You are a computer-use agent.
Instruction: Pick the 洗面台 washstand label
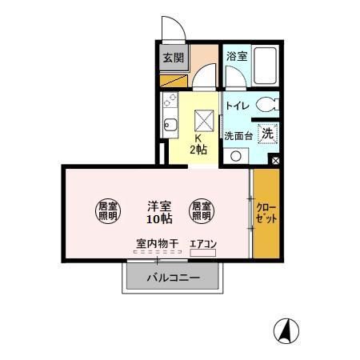tap(238, 135)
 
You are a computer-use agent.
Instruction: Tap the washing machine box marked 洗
tap(268, 134)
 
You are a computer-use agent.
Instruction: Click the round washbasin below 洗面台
tap(235, 156)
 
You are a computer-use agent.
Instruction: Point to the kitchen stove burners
tap(169, 100)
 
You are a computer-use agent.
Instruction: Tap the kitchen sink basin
tap(169, 125)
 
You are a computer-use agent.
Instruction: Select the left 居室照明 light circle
tap(108, 210)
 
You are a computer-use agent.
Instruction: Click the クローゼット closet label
tap(266, 214)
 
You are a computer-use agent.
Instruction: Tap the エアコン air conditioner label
tap(202, 244)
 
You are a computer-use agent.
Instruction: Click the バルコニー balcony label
tap(173, 278)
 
